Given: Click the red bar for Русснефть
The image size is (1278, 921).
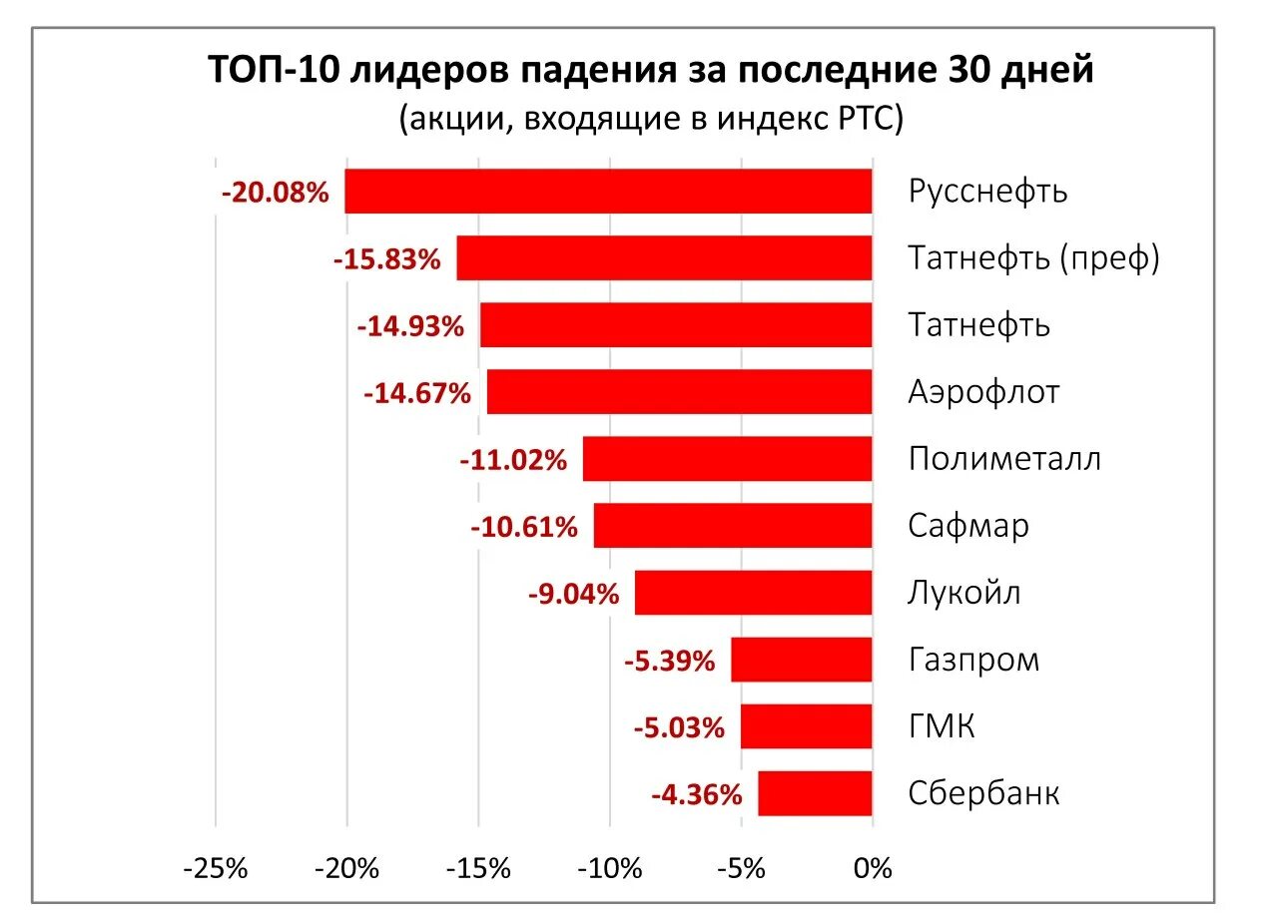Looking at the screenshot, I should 608,192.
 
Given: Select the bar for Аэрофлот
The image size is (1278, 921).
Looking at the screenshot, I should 679,392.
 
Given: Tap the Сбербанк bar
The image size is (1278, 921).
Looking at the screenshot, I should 815,793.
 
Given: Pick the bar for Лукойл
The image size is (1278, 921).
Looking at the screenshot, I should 753,593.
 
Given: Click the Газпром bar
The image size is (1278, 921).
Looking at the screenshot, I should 801,660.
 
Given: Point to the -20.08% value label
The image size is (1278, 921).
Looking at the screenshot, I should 276,193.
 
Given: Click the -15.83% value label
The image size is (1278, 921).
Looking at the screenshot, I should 387,259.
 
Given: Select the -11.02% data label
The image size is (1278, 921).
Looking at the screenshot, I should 513,460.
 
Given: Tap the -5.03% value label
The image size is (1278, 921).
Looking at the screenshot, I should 679,727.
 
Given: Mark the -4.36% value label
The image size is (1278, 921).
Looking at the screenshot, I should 697,794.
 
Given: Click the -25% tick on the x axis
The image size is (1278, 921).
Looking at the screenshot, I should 216,868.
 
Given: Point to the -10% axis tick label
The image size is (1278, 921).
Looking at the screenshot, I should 610,868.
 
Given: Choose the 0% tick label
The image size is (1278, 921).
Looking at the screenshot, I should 873,868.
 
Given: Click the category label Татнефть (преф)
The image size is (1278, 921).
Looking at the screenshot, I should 1034,258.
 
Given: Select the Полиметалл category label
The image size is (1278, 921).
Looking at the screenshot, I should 1004,459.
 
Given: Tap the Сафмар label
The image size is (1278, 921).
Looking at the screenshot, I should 968,526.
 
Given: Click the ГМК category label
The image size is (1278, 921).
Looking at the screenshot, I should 942,726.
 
